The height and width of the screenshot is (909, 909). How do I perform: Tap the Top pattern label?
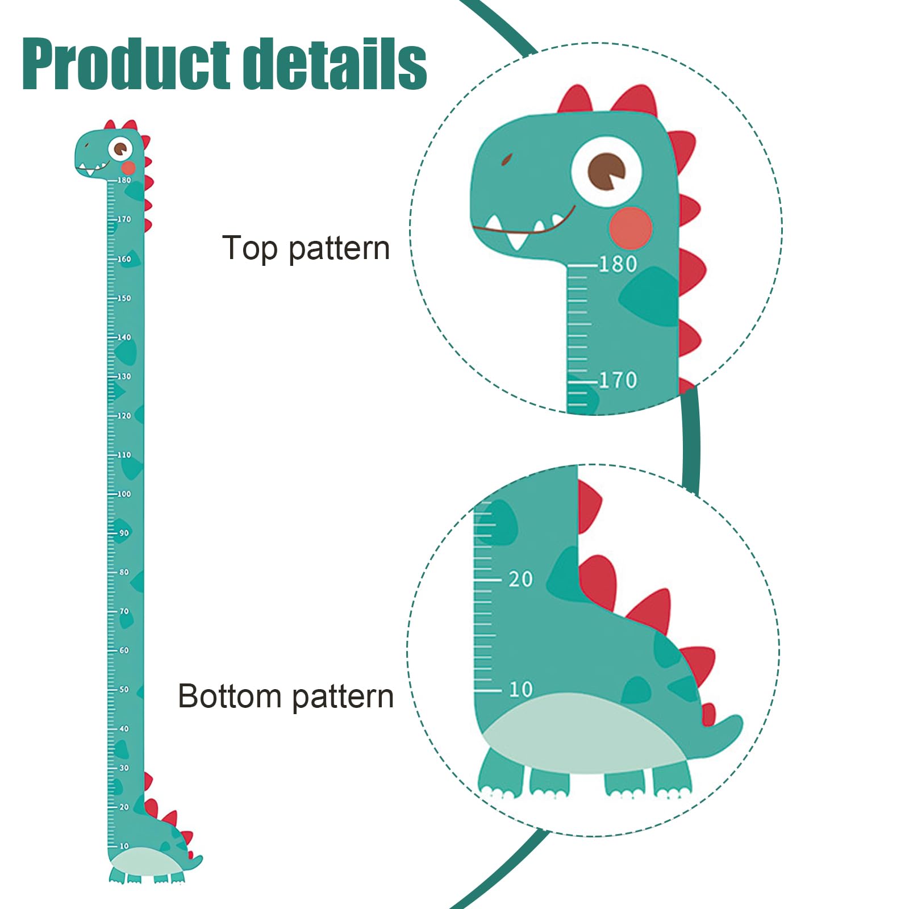click(x=306, y=249)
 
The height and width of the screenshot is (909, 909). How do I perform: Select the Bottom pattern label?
click(x=286, y=696)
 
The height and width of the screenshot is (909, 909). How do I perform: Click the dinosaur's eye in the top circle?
click(x=606, y=171)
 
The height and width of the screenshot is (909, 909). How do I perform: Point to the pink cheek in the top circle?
click(x=630, y=228)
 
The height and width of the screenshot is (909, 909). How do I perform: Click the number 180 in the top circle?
click(x=618, y=264)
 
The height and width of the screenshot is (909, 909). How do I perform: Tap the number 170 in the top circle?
click(x=618, y=380)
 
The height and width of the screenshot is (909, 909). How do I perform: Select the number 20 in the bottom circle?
click(x=520, y=579)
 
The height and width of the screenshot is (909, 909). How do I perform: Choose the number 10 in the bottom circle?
click(x=520, y=690)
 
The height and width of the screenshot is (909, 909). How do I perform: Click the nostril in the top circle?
click(x=507, y=159)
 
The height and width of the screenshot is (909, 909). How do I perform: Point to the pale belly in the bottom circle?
click(x=585, y=733)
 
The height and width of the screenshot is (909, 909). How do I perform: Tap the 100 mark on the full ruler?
click(x=124, y=494)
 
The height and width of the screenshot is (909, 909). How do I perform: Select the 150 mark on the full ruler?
click(x=124, y=298)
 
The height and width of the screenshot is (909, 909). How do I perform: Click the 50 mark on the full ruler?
click(x=124, y=690)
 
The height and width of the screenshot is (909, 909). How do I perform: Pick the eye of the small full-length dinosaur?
click(x=120, y=149)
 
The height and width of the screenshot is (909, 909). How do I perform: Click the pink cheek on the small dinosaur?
click(x=129, y=168)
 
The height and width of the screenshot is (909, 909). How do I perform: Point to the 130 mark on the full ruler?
click(x=124, y=377)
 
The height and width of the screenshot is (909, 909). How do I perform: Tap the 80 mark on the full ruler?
click(x=124, y=572)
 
